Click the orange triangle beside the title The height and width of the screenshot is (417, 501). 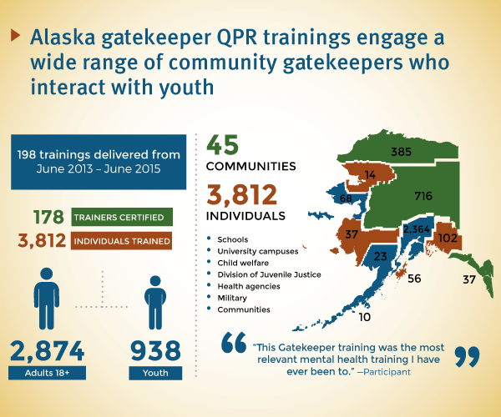[x=15, y=35]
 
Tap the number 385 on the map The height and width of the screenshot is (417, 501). [x=401, y=152]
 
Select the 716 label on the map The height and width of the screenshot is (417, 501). [x=423, y=196]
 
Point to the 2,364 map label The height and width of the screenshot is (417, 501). [x=416, y=229]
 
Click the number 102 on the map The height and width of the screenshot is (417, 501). [x=448, y=238]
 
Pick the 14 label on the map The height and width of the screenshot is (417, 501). [x=370, y=175]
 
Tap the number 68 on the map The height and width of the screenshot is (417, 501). [x=346, y=198]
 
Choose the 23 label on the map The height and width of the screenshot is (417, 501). [x=380, y=256]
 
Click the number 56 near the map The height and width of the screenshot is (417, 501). [x=414, y=279]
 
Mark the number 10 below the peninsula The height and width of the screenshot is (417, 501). [x=365, y=317]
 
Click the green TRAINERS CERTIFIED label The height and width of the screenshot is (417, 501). [x=122, y=218]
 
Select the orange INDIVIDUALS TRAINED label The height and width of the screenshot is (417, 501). [x=121, y=241]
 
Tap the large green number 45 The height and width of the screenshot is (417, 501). [x=222, y=145]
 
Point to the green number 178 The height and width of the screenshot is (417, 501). [x=48, y=217]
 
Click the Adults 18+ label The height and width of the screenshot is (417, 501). [x=47, y=373]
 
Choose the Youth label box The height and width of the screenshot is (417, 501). [x=155, y=373]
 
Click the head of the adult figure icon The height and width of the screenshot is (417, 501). [x=47, y=274]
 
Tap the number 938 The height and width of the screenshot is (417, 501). [x=155, y=350]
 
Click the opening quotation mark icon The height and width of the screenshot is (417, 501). [x=234, y=342]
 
